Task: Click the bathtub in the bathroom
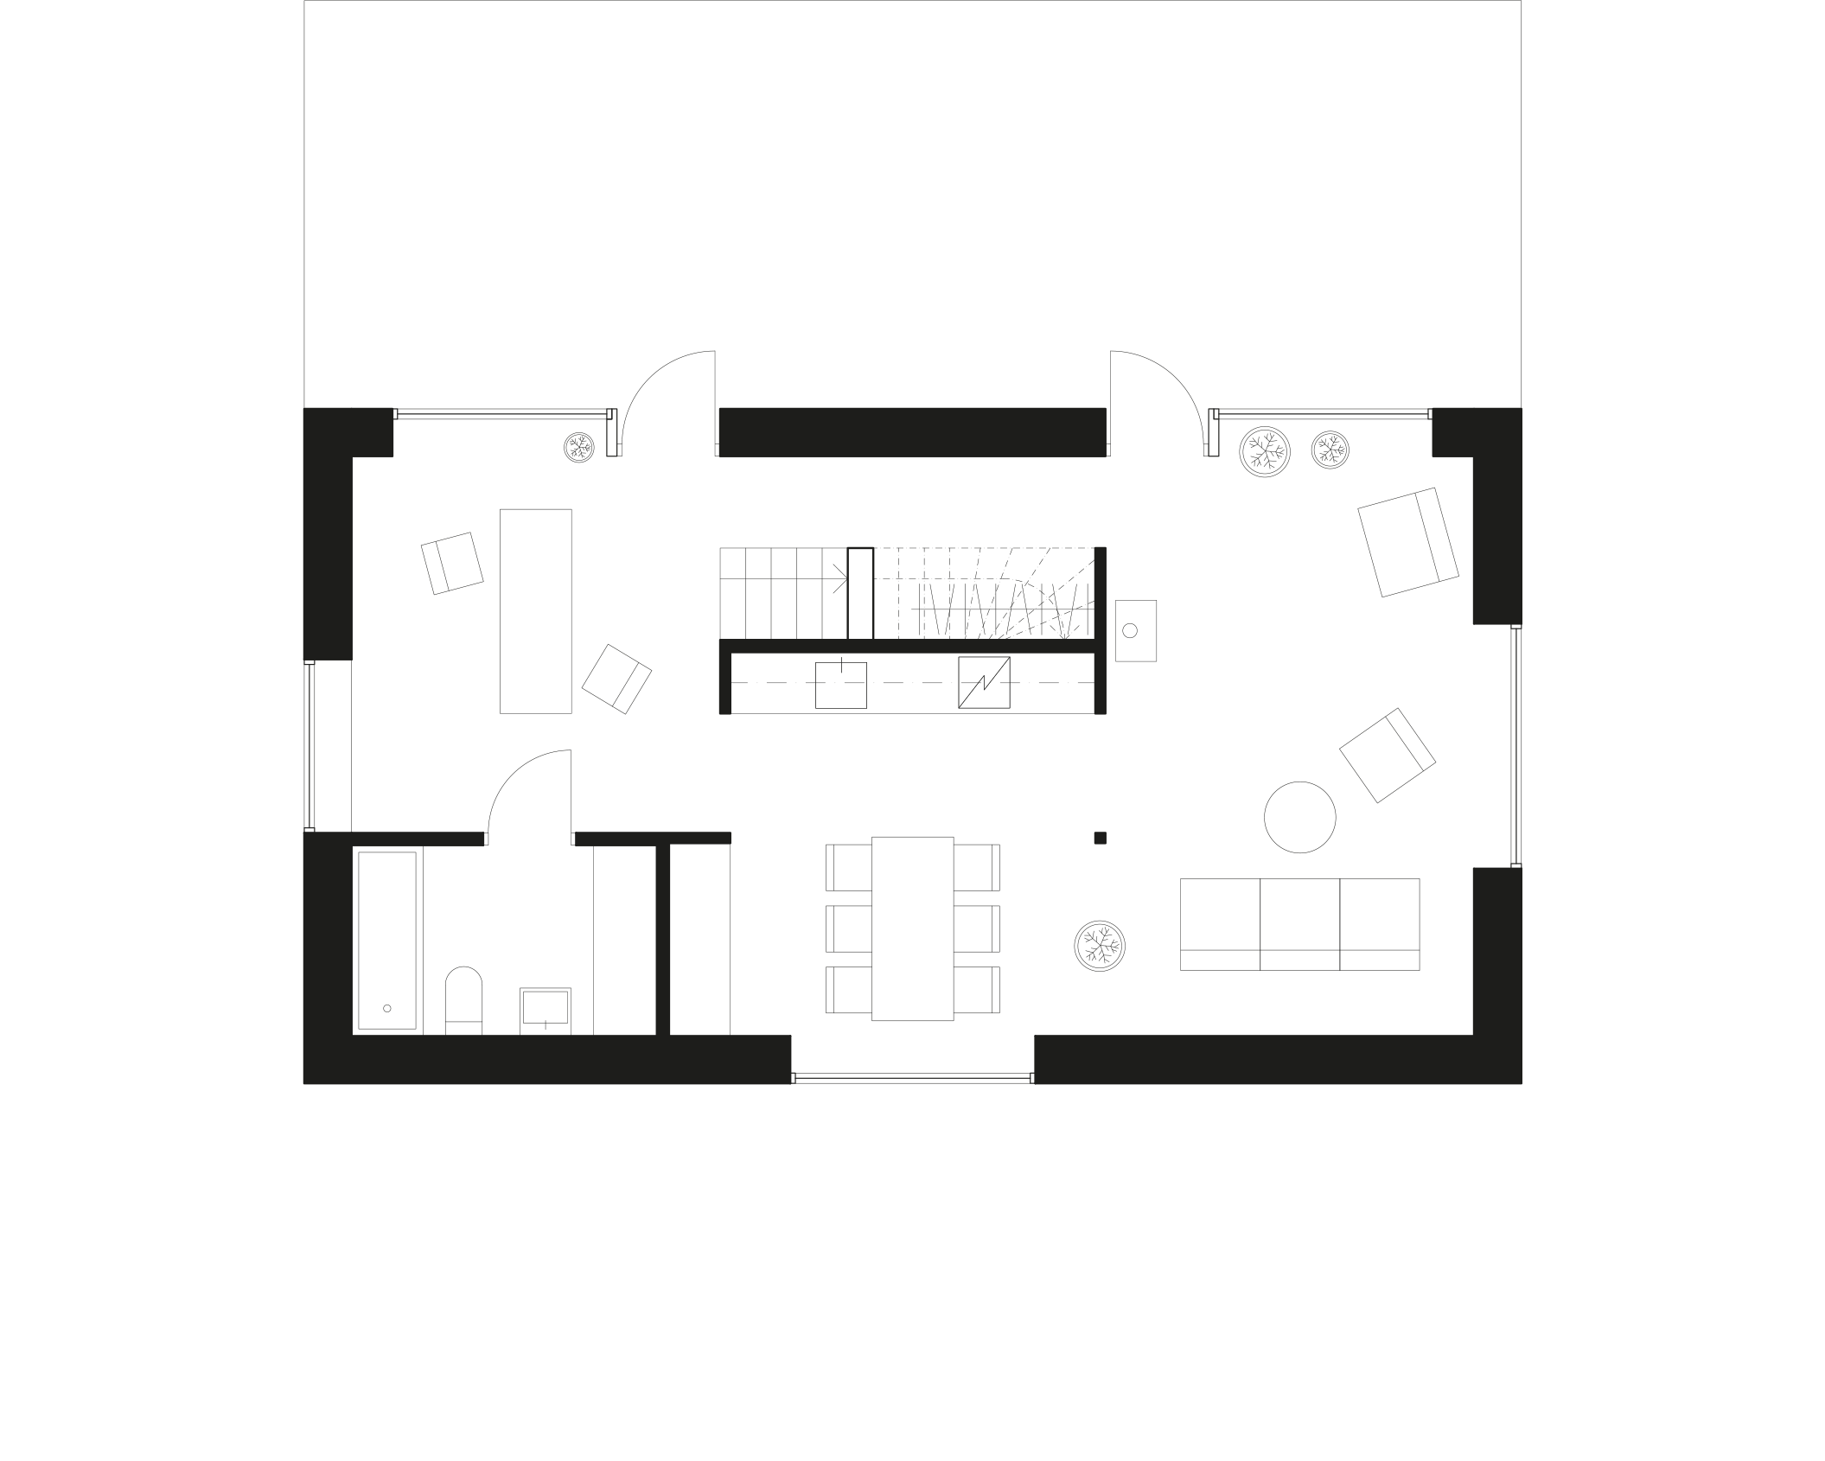(x=386, y=941)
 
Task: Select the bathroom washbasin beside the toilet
(x=545, y=1009)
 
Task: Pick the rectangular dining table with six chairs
(x=912, y=928)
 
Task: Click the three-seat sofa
(x=1299, y=924)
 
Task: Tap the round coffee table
(x=1299, y=817)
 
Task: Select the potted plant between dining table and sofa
(x=1099, y=946)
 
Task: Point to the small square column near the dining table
(x=1100, y=838)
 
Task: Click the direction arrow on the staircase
(x=839, y=577)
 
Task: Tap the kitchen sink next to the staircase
(x=1135, y=631)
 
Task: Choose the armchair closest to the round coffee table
(x=1387, y=755)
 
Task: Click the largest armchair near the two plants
(x=1407, y=542)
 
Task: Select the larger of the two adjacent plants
(x=1265, y=451)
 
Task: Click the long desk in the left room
(x=536, y=611)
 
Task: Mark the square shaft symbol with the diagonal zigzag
(x=984, y=683)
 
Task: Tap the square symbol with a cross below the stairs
(x=841, y=686)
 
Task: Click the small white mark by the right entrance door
(x=1213, y=434)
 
